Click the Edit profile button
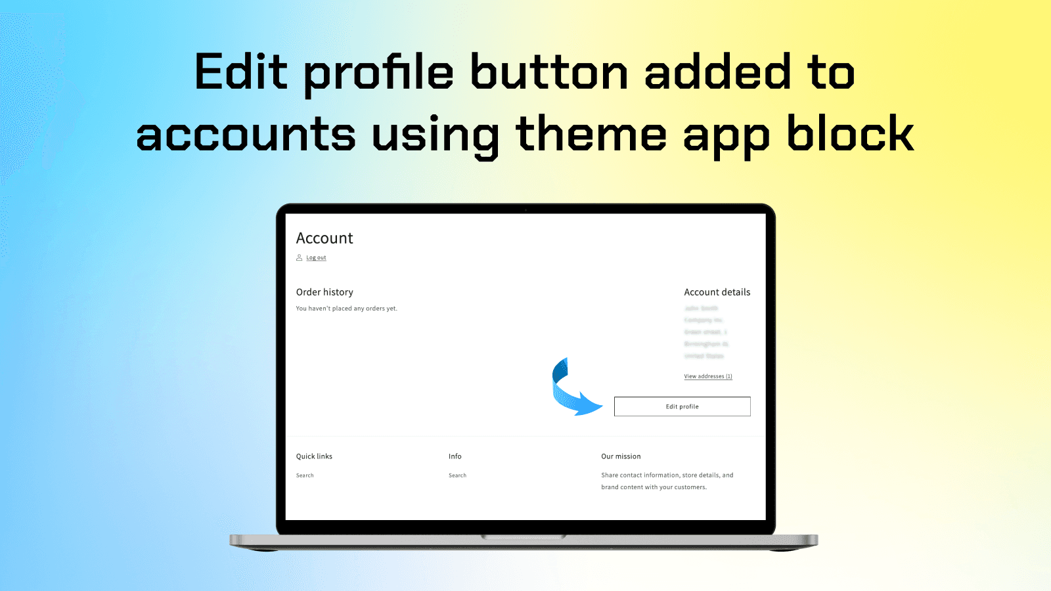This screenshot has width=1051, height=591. [x=682, y=406]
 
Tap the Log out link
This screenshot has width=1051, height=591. [x=316, y=257]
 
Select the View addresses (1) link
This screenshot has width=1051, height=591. [x=707, y=376]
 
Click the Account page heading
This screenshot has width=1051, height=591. [x=324, y=238]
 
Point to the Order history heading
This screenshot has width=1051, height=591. [x=324, y=292]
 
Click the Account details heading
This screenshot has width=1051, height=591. [x=717, y=292]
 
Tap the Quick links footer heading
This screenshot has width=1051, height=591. [x=314, y=456]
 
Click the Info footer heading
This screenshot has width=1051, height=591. [x=455, y=456]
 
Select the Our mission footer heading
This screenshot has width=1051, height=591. [x=621, y=456]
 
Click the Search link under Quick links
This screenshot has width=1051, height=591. [x=305, y=475]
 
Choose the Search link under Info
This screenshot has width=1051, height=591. [x=457, y=475]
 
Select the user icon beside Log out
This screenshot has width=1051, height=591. [x=299, y=257]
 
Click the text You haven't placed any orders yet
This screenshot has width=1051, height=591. [x=346, y=309]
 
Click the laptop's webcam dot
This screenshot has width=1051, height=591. [x=525, y=210]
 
